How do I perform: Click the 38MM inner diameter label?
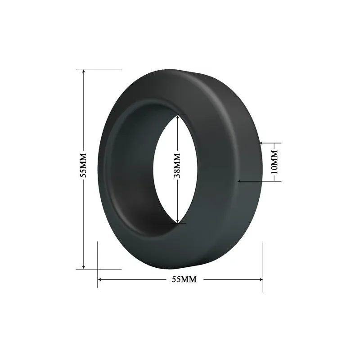[x=177, y=166]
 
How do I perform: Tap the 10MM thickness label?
[x=274, y=162]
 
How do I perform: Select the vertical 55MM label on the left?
[x=83, y=165]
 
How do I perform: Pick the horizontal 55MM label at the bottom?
[x=184, y=279]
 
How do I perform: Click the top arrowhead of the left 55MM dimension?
[x=84, y=72]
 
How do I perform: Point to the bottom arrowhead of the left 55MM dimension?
[x=84, y=266]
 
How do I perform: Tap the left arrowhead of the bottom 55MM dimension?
[x=100, y=279]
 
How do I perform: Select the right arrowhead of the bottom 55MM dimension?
[x=260, y=279]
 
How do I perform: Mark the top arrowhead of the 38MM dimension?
[x=178, y=117]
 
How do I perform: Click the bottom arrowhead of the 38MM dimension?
[x=178, y=220]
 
